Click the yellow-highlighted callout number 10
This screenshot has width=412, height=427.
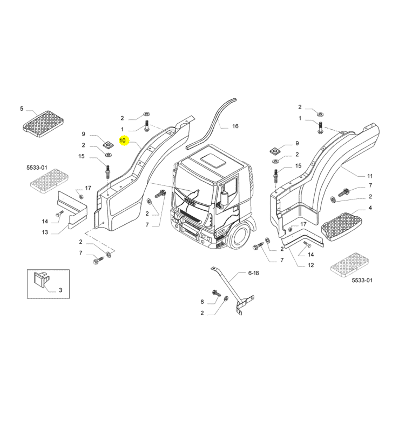(x=123, y=140)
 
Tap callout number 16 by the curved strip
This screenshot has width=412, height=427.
(x=235, y=126)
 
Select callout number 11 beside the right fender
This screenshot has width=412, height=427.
(x=370, y=176)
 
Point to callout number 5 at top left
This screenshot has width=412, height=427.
(x=22, y=108)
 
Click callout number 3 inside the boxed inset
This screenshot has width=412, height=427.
(x=61, y=290)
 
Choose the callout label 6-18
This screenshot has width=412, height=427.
(x=253, y=273)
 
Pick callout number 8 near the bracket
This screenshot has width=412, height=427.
(x=202, y=302)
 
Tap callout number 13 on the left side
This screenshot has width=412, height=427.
(x=45, y=232)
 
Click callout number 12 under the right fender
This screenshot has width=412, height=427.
(x=311, y=265)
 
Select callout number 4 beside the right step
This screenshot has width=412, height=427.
(x=370, y=208)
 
